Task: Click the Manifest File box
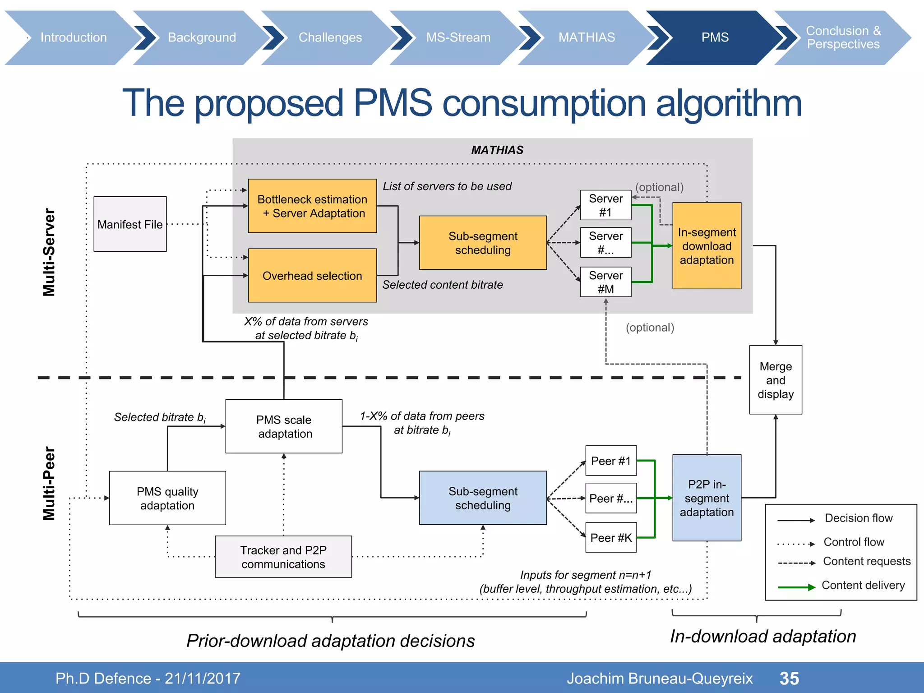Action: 130,224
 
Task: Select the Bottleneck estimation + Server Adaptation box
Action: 312,206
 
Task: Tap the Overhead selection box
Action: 312,275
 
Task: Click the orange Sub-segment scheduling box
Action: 483,243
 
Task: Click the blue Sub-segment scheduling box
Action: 483,498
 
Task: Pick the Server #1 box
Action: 605,205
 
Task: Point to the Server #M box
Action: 605,282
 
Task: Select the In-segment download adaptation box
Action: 707,246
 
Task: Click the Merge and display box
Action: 775,380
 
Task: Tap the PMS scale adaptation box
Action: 284,426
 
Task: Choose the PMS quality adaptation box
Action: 167,498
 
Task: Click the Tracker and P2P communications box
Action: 283,557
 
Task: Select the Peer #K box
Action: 611,537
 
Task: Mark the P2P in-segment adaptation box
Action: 707,498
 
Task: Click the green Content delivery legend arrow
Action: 796,587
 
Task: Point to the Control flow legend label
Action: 854,541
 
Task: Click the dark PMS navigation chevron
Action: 715,37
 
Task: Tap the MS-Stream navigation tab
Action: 458,37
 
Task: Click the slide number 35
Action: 789,678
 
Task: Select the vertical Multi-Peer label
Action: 49,483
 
